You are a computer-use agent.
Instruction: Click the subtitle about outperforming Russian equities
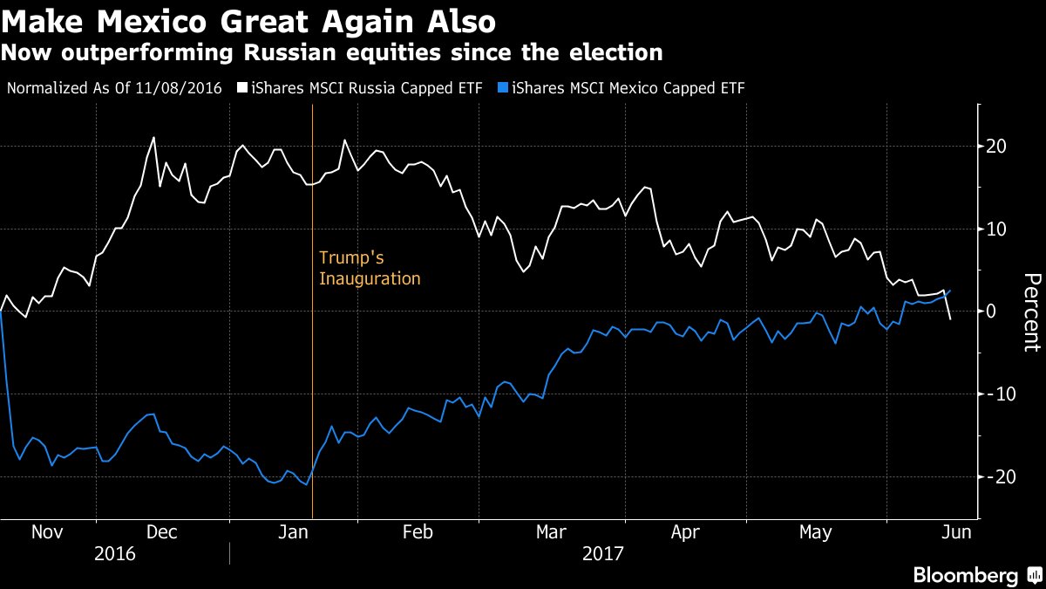[331, 52]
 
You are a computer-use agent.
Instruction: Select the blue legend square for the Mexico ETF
[504, 87]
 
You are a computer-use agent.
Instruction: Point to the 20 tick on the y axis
[996, 146]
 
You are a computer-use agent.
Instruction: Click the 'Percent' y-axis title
[1031, 312]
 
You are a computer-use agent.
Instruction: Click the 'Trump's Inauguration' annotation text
[370, 268]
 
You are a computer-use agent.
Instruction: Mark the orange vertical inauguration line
[312, 393]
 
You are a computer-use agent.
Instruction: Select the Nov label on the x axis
[48, 532]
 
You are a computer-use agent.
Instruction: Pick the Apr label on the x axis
[685, 532]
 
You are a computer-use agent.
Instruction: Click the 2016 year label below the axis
[115, 553]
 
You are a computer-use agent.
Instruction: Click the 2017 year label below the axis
[602, 553]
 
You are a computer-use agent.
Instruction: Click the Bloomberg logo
[975, 576]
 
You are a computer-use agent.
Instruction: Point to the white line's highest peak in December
[153, 137]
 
